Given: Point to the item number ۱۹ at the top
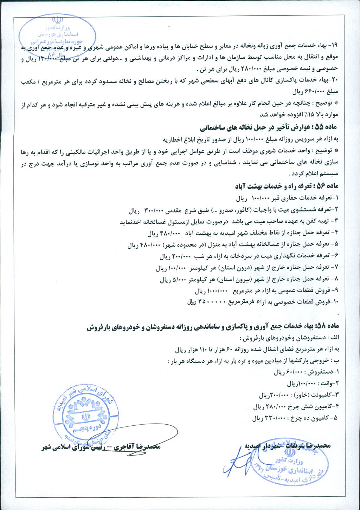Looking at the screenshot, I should [x=334, y=46].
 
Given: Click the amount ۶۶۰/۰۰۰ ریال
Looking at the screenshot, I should [x=310, y=92].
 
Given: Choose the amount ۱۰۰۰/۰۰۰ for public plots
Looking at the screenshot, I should [x=218, y=291].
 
